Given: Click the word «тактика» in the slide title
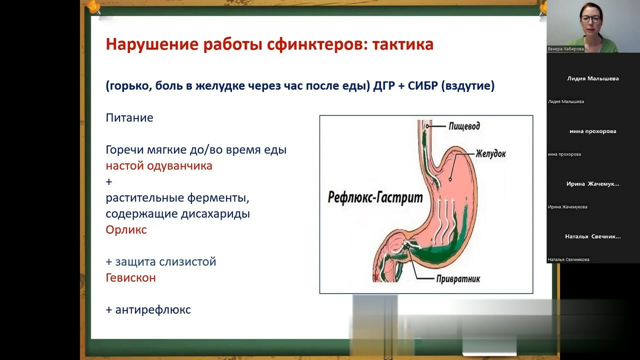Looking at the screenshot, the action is coord(403,44).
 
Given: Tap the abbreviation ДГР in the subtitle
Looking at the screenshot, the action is coord(384,85).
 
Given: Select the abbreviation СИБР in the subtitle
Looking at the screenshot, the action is coord(423,85).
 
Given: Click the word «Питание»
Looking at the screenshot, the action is coord(129,117).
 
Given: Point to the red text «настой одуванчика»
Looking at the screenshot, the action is coord(159,166).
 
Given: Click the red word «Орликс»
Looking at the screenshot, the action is coord(126,229).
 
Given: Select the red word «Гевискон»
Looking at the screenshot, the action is coord(131,277).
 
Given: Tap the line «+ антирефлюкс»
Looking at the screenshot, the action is coord(148,309).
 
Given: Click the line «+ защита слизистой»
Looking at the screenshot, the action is coord(161,261).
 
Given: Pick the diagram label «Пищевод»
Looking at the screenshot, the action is coord(464,126).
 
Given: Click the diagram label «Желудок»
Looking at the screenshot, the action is coord(490,153).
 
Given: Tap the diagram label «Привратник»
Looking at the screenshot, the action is coord(458,279).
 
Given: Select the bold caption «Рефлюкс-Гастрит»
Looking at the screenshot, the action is coord(375,197).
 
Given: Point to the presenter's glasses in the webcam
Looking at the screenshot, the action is coord(591,19).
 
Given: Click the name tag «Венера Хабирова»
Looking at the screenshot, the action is coord(565,49).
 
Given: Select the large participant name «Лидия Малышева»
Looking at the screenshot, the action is coord(593,78).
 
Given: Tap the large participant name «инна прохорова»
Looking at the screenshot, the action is coord(593,131).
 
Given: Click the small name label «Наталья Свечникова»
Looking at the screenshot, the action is coord(568,259).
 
